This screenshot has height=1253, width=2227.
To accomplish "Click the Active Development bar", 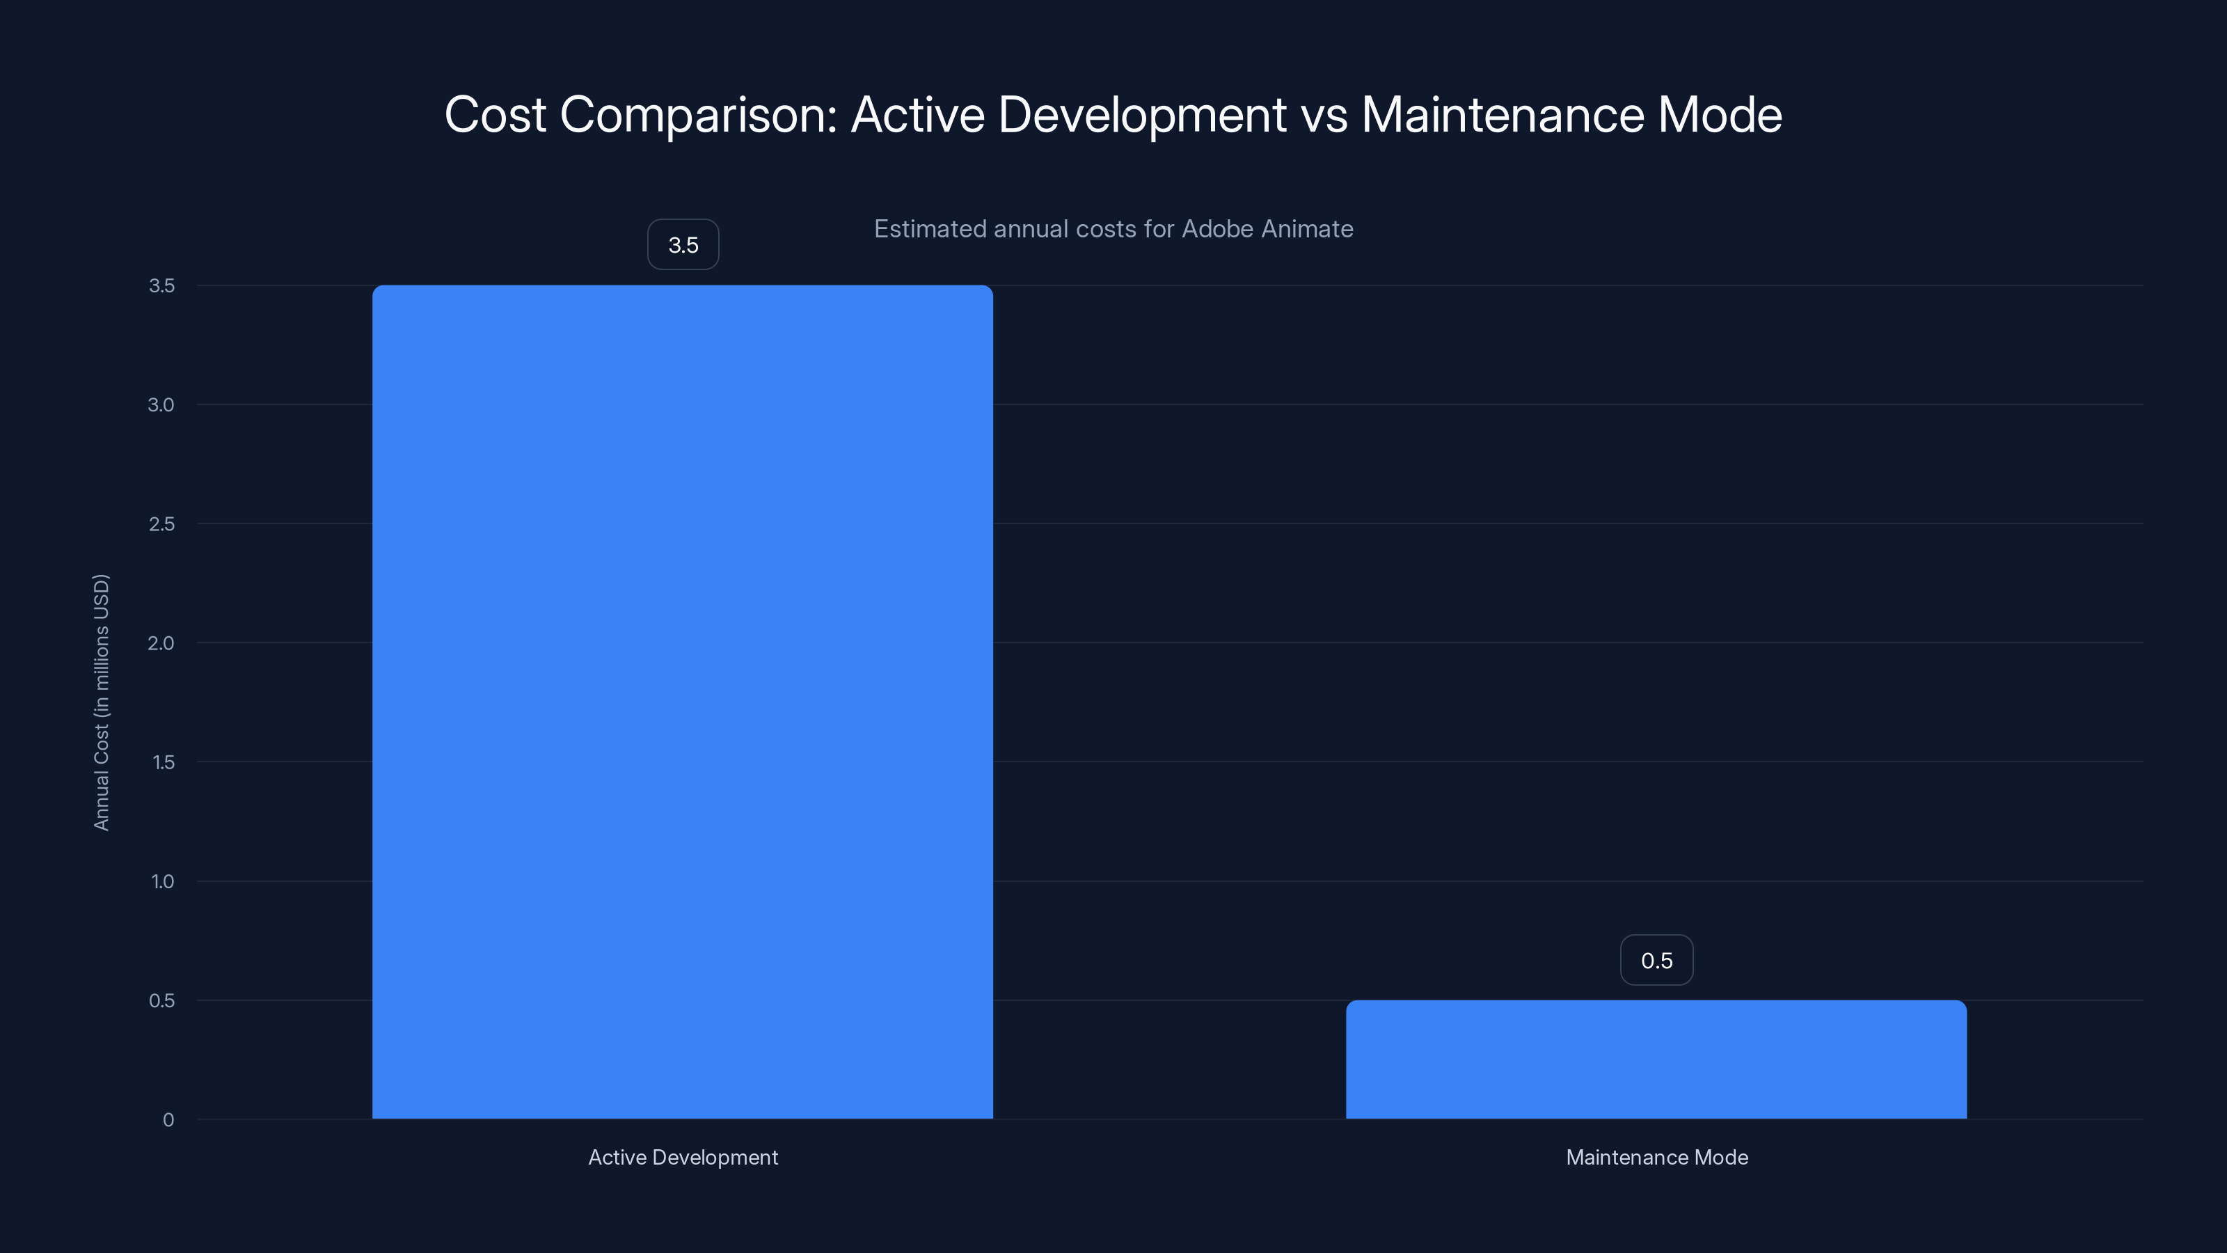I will coord(682,701).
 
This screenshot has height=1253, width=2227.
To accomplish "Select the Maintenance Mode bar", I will coord(1656,1059).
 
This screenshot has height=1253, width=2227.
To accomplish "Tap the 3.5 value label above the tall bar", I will coord(683,245).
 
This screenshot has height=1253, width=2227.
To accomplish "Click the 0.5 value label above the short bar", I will coord(1656,960).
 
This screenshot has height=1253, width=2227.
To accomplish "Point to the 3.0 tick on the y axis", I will coord(161,404).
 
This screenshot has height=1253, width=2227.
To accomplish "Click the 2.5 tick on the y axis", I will coord(161,524).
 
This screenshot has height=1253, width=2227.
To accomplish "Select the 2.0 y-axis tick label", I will coord(161,643).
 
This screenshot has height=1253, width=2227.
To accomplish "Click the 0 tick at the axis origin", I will coord(168,1120).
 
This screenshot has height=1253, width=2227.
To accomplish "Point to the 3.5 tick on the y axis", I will coord(161,285).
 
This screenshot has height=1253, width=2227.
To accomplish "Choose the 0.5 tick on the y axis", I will coord(161,1000).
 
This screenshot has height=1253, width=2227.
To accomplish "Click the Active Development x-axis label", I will coord(683,1157).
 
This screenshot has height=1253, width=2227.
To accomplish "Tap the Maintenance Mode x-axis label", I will coord(1656,1157).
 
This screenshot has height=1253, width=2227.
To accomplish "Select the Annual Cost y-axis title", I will coord(101,702).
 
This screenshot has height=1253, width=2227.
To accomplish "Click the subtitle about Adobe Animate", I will coord(1113,229).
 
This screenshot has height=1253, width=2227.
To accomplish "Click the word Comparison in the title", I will coord(699,115).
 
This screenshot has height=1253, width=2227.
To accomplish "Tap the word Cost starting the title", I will coord(495,115).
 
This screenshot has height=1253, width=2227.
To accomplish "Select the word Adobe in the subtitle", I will coord(1218,229).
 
